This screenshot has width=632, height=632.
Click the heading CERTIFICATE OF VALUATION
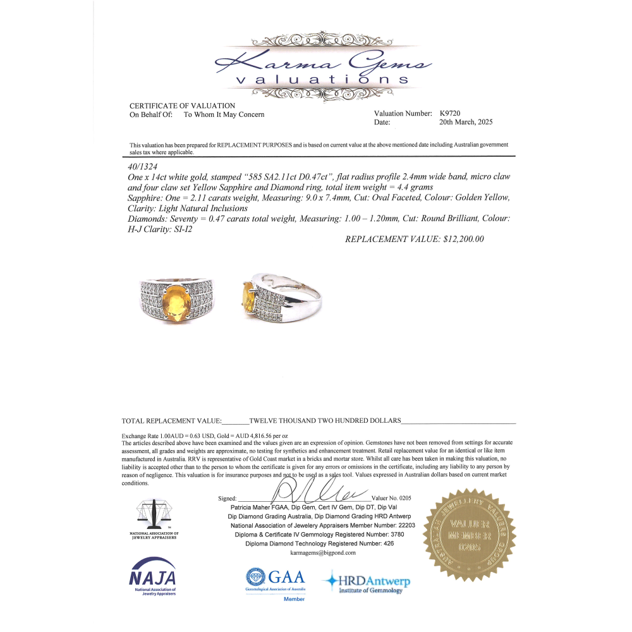point(182,106)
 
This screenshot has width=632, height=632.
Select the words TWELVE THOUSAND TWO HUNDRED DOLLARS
point(325,420)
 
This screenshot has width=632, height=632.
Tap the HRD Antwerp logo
point(367,583)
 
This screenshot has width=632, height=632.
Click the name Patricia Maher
point(248,507)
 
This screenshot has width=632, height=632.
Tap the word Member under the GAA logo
point(294,599)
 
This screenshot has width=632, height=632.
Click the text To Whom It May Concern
point(224,114)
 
